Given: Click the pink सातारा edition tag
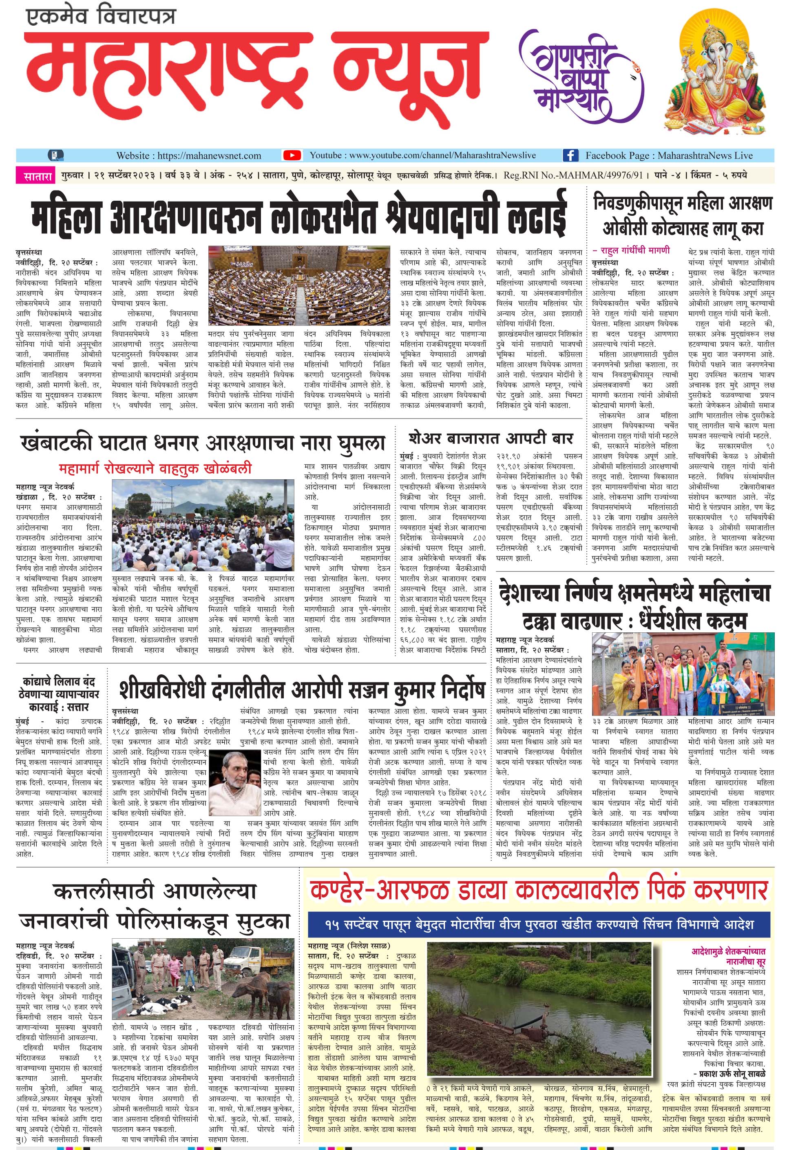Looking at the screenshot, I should (38, 176).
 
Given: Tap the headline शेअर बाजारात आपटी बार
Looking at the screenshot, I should (491, 439).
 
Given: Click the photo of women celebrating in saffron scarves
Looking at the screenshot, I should (683, 674).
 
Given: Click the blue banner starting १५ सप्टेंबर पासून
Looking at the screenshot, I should (539, 924).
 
